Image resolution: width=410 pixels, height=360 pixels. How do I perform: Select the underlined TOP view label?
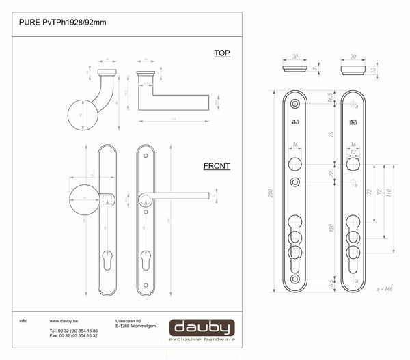(x=222, y=53)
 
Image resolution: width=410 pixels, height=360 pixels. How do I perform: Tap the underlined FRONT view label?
(x=217, y=166)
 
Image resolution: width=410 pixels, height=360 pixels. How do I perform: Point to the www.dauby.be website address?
(x=64, y=320)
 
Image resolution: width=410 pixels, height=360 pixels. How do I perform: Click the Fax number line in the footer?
(x=74, y=336)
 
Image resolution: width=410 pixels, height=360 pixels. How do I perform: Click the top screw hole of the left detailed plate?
(x=296, y=103)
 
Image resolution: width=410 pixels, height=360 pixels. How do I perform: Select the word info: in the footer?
(x=23, y=320)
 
